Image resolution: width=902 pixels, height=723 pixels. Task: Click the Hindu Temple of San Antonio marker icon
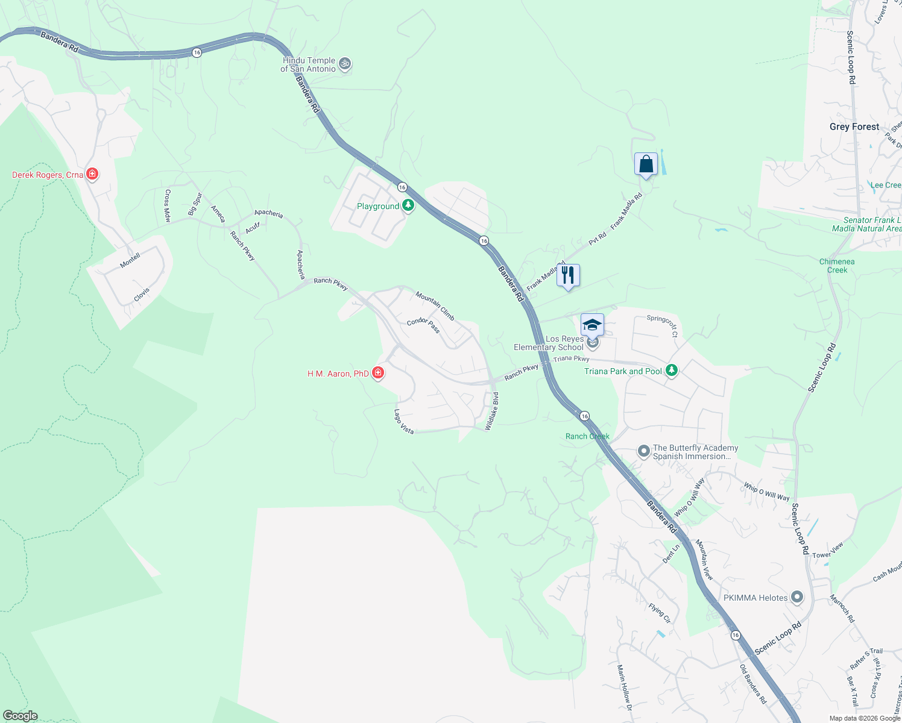(345, 64)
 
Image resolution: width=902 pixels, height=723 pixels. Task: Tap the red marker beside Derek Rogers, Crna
(92, 175)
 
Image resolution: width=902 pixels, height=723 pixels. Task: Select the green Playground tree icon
(408, 206)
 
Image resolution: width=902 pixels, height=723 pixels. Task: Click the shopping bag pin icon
(646, 164)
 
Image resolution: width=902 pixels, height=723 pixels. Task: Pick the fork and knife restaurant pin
(568, 275)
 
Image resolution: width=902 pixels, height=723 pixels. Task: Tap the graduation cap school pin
(592, 325)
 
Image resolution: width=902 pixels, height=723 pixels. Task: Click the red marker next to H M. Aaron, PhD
(378, 374)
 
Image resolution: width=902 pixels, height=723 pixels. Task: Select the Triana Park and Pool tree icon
(671, 371)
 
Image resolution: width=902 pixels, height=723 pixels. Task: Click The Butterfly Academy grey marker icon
(644, 451)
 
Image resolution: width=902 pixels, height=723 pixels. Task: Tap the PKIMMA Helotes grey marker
(797, 598)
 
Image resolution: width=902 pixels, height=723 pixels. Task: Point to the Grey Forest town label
(854, 127)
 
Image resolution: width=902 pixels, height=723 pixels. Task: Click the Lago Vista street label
(404, 422)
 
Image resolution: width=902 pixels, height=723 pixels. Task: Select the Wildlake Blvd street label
(491, 411)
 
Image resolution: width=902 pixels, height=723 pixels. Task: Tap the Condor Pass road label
(423, 325)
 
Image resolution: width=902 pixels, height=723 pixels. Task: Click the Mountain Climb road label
(435, 306)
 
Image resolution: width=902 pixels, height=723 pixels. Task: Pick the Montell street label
(130, 260)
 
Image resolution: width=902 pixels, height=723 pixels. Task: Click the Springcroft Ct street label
(662, 325)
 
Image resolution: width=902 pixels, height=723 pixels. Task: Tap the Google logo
(20, 716)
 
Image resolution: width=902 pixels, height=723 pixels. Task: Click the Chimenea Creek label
(837, 266)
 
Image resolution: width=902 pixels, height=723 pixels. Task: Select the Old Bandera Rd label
(753, 684)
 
